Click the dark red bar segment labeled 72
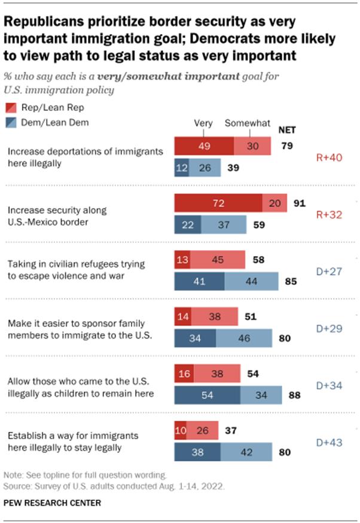pyautogui.click(x=218, y=204)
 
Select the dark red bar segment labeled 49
pyautogui.click(x=203, y=145)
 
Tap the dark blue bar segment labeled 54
pyautogui.click(x=207, y=395)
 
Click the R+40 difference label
pyautogui.click(x=329, y=158)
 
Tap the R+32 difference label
pyautogui.click(x=329, y=214)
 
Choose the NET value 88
pyautogui.click(x=293, y=395)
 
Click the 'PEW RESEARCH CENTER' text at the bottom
pyautogui.click(x=51, y=503)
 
